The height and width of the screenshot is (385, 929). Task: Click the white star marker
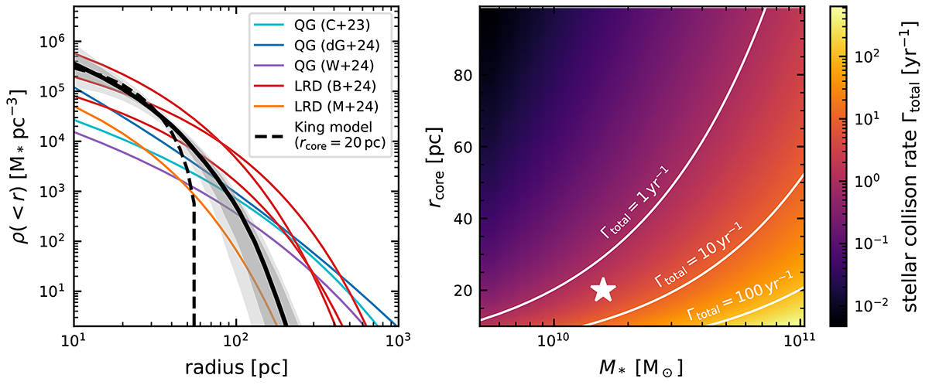click(604, 290)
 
